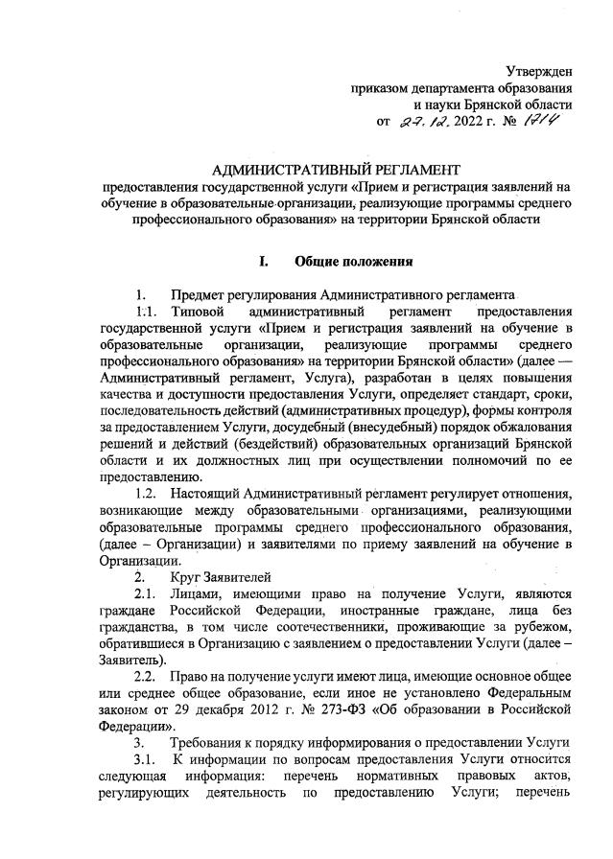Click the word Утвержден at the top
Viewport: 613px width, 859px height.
(x=539, y=71)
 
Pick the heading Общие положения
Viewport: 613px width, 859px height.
(x=354, y=260)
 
